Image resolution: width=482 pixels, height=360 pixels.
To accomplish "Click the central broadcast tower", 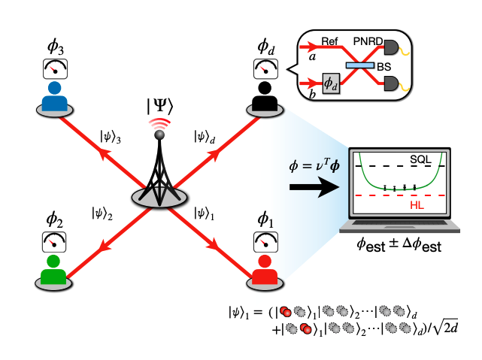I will (159, 169).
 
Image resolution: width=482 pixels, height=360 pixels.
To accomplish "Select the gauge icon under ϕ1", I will (263, 241).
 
